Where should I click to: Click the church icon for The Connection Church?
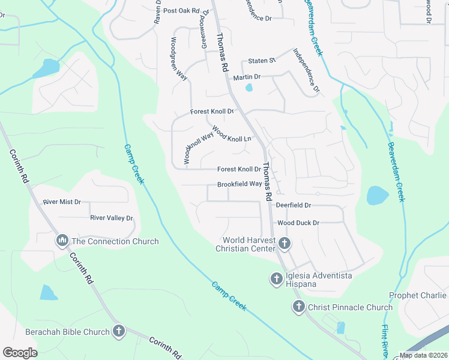click(62, 241)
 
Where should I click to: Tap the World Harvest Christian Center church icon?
click(285, 244)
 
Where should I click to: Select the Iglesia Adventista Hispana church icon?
click(277, 278)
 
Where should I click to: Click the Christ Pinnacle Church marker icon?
click(298, 307)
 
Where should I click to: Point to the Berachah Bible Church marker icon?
click(119, 331)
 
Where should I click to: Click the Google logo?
click(20, 353)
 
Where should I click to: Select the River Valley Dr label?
click(111, 218)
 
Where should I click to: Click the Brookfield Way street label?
click(240, 184)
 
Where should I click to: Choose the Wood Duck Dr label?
click(298, 223)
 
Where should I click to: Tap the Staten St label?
click(262, 61)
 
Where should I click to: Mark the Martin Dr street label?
click(247, 77)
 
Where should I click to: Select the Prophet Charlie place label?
click(418, 295)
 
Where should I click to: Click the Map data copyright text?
click(423, 355)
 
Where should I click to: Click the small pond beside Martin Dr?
click(249, 88)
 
